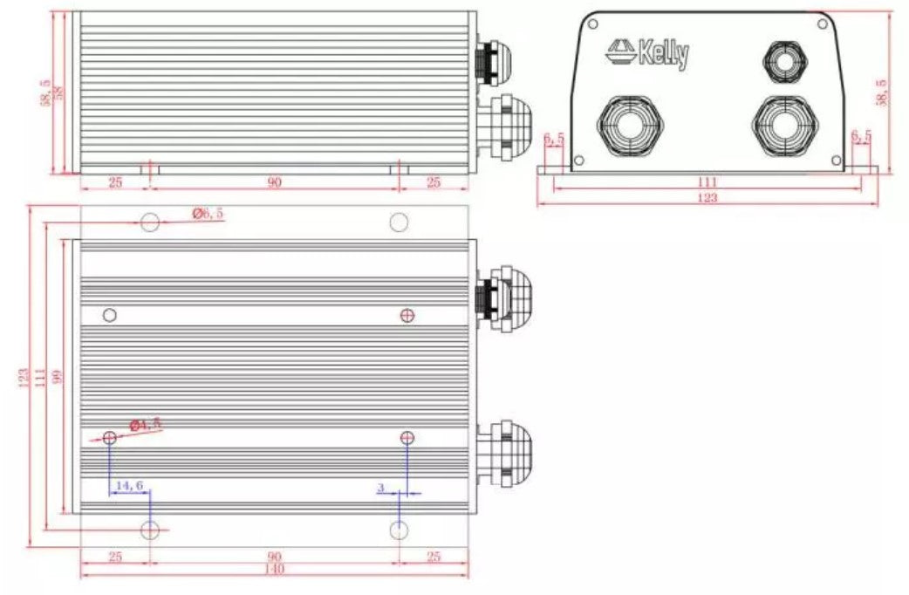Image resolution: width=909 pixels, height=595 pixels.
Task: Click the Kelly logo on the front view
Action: click(x=647, y=53)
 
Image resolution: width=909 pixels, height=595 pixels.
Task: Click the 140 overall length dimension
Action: click(x=274, y=570)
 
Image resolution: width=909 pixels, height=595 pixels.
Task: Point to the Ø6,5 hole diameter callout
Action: click(x=208, y=213)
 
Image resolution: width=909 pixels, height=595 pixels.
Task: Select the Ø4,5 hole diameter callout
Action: click(x=146, y=425)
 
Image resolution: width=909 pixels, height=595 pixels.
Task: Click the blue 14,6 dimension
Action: click(x=127, y=485)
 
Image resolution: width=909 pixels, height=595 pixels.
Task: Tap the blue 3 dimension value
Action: click(x=381, y=487)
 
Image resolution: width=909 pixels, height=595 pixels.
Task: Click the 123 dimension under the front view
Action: click(x=707, y=199)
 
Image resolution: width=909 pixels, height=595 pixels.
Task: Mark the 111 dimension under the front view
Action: click(x=707, y=181)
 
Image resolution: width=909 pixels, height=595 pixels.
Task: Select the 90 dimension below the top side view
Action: click(x=274, y=181)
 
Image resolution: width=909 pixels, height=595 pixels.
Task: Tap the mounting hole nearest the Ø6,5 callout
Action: click(x=150, y=222)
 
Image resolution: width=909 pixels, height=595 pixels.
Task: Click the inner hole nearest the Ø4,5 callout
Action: click(x=110, y=437)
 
